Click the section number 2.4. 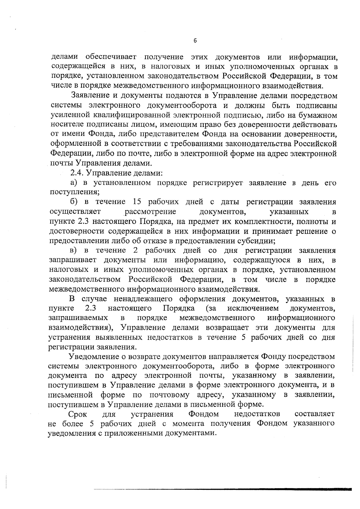click(76, 173)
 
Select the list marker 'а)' click(74, 183)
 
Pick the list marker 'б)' click(74, 202)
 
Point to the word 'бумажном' click(318, 115)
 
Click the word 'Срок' click(78, 414)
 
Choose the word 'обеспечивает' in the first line click(111, 57)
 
